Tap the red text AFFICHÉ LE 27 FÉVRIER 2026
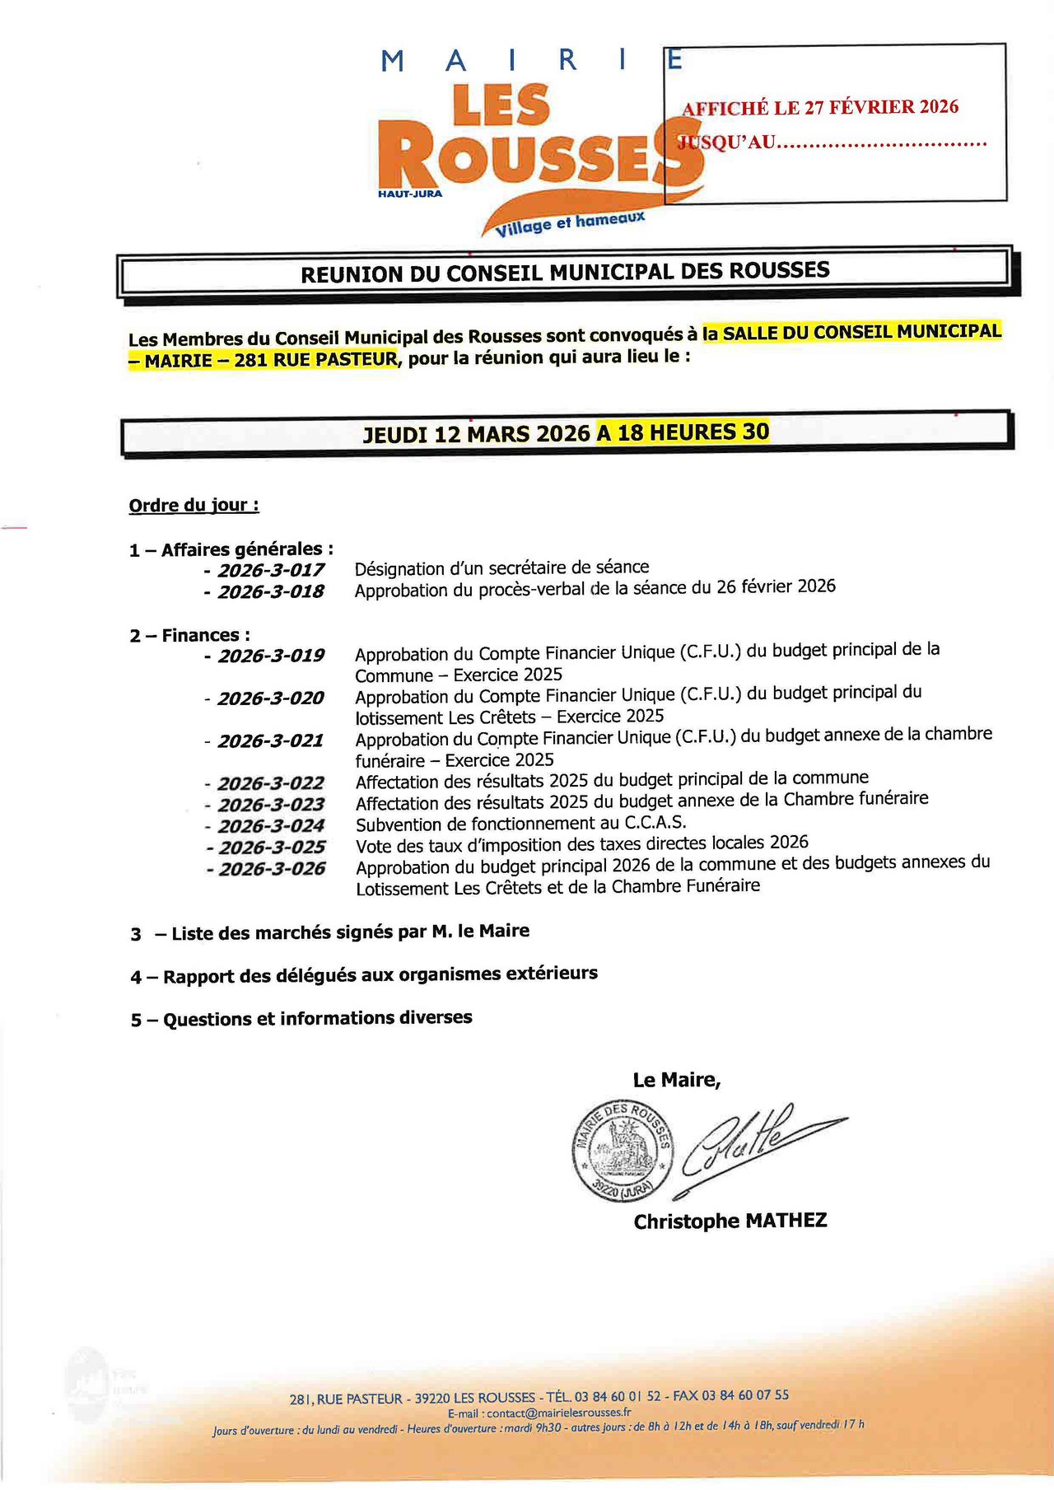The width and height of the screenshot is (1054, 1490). (x=820, y=107)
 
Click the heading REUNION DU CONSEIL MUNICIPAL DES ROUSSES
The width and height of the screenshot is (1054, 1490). (x=565, y=272)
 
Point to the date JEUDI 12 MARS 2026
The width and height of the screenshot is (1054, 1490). (x=477, y=434)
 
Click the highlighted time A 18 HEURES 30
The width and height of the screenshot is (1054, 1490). (x=683, y=432)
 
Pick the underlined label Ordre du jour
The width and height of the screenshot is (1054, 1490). (x=194, y=505)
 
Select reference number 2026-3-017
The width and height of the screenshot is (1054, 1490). (x=271, y=570)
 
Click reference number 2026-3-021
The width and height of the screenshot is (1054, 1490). (x=271, y=740)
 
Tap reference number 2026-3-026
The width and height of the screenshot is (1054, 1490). (x=272, y=869)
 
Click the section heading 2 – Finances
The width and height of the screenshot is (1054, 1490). (x=189, y=635)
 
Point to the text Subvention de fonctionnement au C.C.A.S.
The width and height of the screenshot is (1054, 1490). (x=520, y=824)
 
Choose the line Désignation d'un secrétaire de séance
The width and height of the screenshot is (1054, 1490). (x=501, y=568)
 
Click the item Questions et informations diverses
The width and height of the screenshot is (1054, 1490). (x=318, y=1018)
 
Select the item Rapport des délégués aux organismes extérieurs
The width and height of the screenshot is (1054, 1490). (x=380, y=975)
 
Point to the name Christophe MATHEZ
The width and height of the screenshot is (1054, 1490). (x=730, y=1221)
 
